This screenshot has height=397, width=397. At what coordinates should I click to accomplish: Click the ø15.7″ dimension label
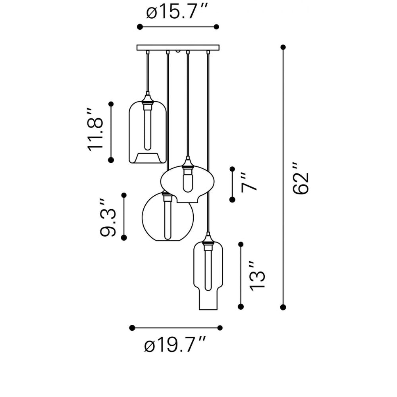[177, 12]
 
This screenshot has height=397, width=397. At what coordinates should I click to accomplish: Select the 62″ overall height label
[301, 178]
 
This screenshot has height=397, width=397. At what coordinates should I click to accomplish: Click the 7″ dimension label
[249, 183]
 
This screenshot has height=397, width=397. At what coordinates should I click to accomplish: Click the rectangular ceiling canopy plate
[178, 48]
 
